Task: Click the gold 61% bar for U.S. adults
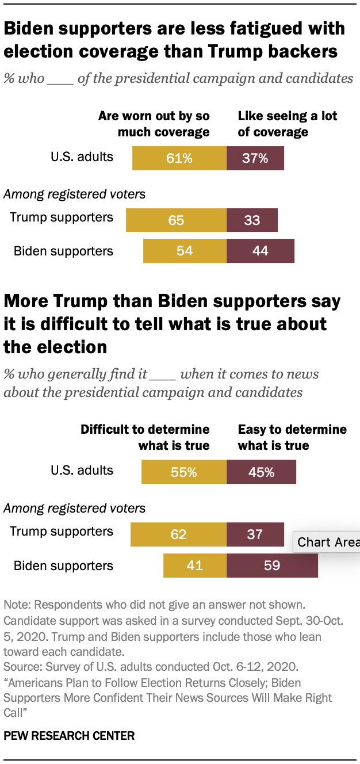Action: pos(179,158)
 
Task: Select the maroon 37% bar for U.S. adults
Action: pos(255,158)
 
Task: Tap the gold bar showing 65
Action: pos(176,220)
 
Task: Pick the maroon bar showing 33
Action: pos(252,220)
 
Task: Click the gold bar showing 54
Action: pos(185,251)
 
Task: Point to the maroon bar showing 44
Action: pos(260,251)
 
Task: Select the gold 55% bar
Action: pos(184,472)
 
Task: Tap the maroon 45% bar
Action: pos(261,472)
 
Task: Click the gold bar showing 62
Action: pos(178,534)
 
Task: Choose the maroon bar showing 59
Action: pos(272,566)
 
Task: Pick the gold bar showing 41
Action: pos(195,566)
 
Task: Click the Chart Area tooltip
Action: pos(327,542)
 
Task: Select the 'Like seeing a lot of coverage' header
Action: pos(288,124)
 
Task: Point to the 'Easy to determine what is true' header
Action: pos(292,437)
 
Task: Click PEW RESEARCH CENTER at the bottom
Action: pos(69,735)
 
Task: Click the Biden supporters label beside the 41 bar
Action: pos(63,566)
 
